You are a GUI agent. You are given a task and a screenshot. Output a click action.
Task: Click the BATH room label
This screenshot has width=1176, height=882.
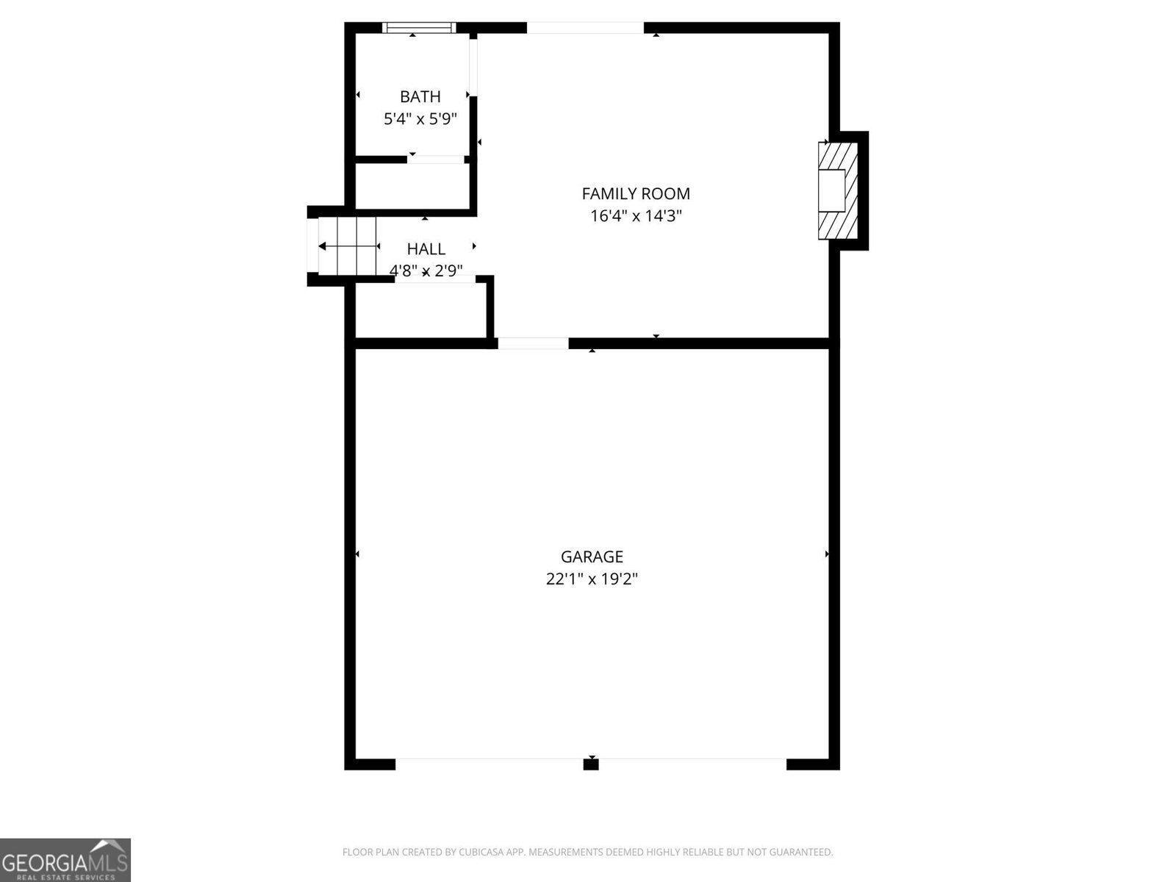tap(420, 96)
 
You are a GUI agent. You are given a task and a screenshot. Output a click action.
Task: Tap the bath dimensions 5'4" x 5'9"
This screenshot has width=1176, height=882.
tap(420, 118)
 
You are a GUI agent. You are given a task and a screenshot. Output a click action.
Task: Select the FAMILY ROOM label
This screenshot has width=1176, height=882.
tap(636, 193)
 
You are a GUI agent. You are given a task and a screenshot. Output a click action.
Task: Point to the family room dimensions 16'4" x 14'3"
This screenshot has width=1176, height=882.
tap(636, 215)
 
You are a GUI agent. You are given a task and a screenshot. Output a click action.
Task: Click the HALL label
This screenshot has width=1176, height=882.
tap(426, 248)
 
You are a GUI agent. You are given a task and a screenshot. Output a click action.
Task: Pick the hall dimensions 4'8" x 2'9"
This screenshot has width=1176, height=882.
tap(426, 270)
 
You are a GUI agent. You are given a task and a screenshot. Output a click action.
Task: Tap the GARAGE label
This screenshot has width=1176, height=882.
tap(592, 556)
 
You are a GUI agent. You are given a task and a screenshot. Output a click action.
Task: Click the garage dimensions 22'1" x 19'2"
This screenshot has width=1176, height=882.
tap(592, 578)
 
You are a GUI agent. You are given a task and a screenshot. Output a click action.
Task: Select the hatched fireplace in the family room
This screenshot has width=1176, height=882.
tap(838, 191)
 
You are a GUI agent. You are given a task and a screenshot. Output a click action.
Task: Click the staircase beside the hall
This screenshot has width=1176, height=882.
tap(347, 245)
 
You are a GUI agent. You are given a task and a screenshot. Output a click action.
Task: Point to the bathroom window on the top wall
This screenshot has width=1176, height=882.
tap(419, 28)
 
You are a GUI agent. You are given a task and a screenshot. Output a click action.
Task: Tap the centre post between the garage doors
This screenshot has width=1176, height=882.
tap(591, 764)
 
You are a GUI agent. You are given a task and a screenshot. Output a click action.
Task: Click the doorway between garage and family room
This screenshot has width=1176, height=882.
tap(533, 343)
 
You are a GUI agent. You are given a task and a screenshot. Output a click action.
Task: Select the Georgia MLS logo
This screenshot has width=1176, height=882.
tap(65, 860)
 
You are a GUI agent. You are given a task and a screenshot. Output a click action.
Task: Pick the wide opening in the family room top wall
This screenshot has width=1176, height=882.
tap(585, 28)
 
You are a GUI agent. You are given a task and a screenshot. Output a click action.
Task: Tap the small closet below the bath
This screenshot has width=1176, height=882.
tap(412, 186)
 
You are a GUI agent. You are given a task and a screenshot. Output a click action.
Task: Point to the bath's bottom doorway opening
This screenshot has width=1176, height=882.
tap(437, 159)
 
